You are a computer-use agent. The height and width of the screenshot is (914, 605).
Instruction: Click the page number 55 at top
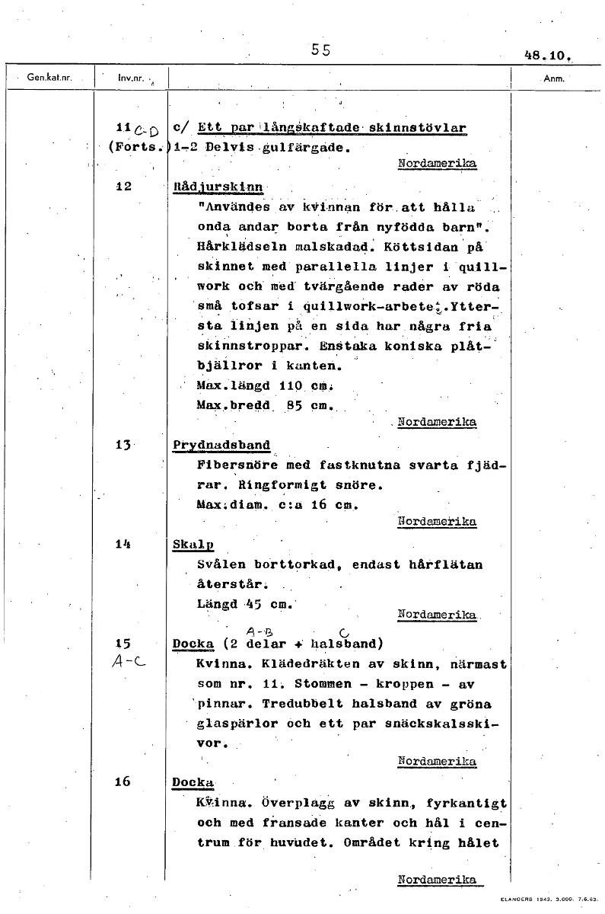pos(320,50)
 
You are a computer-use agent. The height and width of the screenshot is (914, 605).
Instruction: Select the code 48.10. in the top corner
pos(547,56)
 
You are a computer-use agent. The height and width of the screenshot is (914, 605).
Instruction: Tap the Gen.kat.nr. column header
pos(49,77)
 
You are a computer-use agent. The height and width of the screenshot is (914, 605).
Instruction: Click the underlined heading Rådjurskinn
pos(218,186)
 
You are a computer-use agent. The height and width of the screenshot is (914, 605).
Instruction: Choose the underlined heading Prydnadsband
pos(221,445)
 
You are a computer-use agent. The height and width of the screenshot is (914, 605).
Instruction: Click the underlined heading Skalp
pos(193,545)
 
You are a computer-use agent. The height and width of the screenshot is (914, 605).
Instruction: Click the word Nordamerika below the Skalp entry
pos(437,614)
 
